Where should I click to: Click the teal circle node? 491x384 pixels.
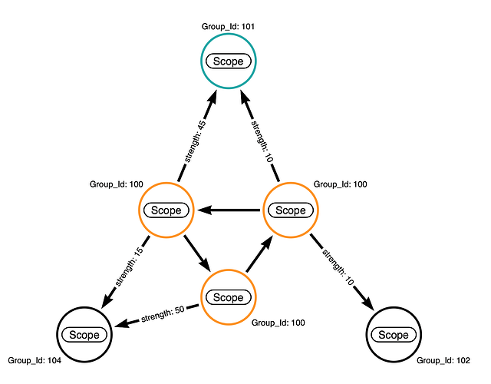(228, 61)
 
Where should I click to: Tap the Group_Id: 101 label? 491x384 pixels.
(228, 26)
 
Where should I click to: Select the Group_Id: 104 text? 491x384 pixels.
(34, 359)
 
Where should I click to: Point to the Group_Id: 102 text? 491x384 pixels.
(442, 359)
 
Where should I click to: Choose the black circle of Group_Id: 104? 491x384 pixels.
(84, 334)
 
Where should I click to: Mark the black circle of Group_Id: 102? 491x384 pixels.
(394, 334)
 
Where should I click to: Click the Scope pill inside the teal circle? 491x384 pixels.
(228, 61)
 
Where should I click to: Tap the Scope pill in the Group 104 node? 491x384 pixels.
(84, 335)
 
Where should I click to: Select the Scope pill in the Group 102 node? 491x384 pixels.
(394, 335)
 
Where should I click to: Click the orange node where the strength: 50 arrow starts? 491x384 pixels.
(228, 297)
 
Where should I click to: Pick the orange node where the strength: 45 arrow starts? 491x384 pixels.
(166, 210)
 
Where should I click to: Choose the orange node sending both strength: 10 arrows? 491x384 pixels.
(290, 210)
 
